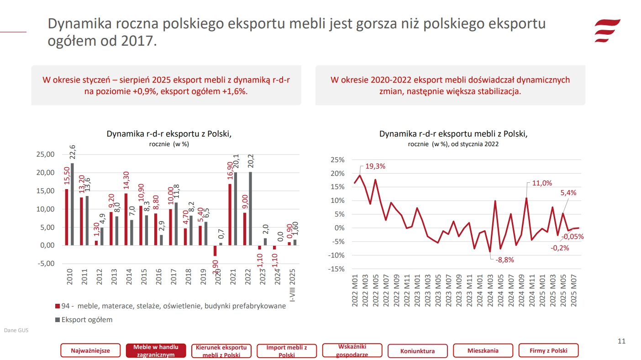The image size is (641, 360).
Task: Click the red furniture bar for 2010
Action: click(67, 217)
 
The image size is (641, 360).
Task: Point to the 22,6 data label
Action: click(73, 153)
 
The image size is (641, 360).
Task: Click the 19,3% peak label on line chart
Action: click(375, 166)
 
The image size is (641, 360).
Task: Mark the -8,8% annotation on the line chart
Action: click(504, 259)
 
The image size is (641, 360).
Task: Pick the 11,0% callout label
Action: click(542, 183)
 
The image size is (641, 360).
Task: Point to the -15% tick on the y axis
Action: click(336, 269)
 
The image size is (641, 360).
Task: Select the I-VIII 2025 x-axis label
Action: click(293, 285)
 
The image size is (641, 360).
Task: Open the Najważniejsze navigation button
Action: click(90, 351)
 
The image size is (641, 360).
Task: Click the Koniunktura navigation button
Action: click(417, 351)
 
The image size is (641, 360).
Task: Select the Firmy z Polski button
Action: click(548, 351)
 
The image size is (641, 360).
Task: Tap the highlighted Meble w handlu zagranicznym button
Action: click(156, 351)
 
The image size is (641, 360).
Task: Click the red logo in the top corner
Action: click(607, 31)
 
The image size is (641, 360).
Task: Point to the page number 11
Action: click(621, 341)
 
